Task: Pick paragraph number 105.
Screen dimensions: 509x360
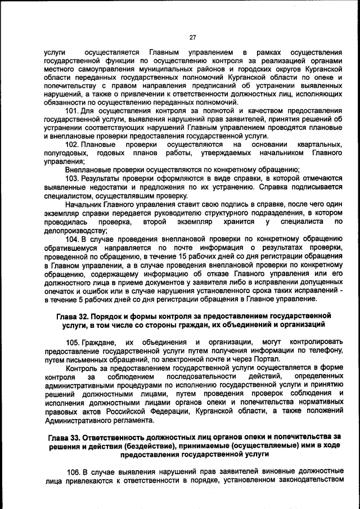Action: [x=73, y=342]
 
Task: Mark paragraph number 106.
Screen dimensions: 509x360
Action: [x=73, y=471]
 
